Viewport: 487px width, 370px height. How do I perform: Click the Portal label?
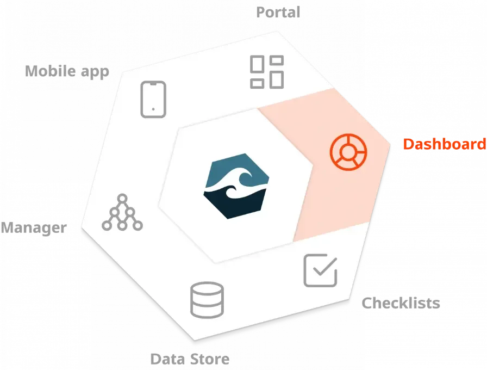click(x=278, y=12)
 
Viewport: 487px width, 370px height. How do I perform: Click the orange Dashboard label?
click(x=444, y=144)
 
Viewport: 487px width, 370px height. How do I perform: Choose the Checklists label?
click(x=401, y=303)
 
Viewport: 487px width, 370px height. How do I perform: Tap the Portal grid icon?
click(x=266, y=72)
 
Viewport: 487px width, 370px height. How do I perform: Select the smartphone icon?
click(x=153, y=99)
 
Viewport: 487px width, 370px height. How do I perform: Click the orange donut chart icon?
click(x=348, y=151)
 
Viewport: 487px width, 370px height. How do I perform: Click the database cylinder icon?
click(x=207, y=300)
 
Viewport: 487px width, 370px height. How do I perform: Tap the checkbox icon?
click(x=320, y=270)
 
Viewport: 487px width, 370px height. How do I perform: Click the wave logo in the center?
click(x=235, y=186)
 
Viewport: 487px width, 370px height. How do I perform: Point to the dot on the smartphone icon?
click(x=153, y=109)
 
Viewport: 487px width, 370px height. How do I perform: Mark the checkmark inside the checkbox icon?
click(x=324, y=268)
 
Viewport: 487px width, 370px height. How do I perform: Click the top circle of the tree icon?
click(x=122, y=198)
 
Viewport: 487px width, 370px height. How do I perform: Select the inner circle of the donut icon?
click(x=348, y=151)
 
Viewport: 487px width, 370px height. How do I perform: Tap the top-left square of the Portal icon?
click(x=257, y=65)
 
